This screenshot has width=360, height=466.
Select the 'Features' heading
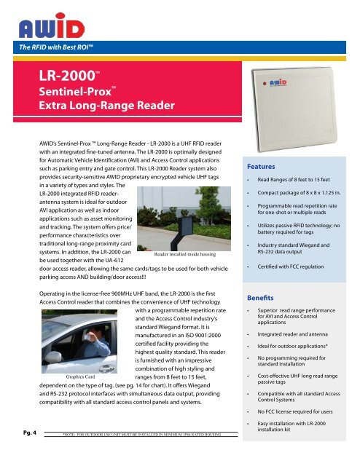(261, 166)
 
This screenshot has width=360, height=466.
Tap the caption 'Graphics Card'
(81, 377)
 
